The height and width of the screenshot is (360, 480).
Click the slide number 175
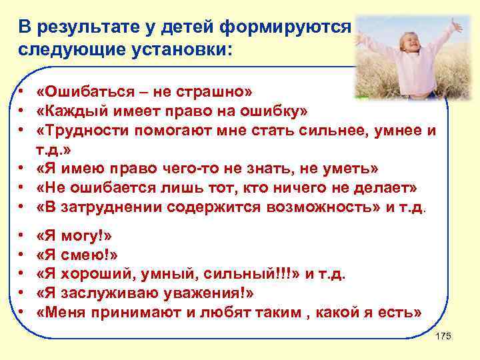(x=443, y=336)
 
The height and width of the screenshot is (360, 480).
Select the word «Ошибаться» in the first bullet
(x=81, y=91)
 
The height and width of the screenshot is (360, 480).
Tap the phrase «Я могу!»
(x=74, y=237)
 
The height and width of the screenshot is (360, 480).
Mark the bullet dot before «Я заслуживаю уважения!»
(x=22, y=293)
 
